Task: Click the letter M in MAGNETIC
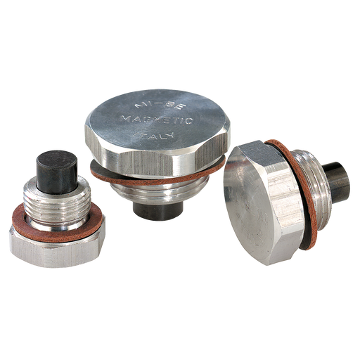(x=124, y=117)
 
